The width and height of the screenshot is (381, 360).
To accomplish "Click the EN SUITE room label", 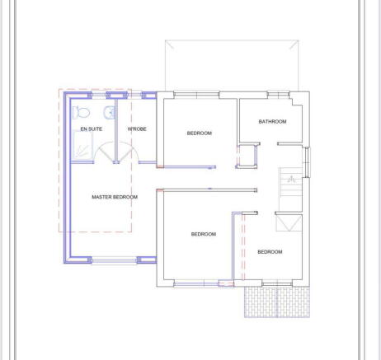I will (x=91, y=130).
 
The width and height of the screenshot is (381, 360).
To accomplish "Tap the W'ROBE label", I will (x=137, y=130).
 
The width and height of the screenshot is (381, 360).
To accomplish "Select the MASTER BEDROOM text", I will (x=115, y=197).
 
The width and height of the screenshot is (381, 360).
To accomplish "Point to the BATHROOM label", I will (x=272, y=122).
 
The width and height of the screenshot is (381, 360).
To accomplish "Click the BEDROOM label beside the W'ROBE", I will (x=199, y=133).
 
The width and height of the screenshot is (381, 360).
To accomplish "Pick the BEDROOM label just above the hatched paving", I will (x=269, y=251).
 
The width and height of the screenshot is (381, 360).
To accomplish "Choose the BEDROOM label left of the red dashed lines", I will (x=203, y=235).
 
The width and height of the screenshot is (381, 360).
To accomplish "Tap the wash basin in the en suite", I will (x=108, y=113).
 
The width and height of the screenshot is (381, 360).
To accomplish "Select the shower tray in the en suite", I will (x=81, y=148).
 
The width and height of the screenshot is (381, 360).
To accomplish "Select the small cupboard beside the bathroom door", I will (x=246, y=156).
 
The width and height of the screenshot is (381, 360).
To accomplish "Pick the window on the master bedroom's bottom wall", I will (x=114, y=260).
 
